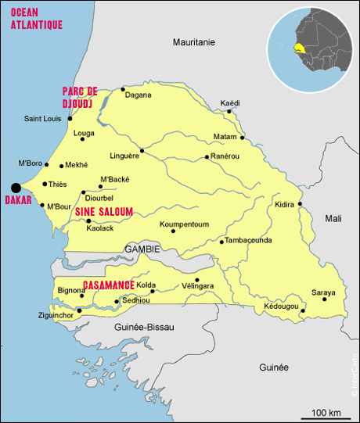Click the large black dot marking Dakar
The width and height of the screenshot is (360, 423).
[15, 187]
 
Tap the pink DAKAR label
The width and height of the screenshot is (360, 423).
[18, 200]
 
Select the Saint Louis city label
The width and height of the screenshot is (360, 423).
[42, 119]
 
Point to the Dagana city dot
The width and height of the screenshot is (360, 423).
[123, 89]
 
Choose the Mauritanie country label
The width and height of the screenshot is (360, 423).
[193, 41]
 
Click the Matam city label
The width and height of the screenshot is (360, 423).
[225, 138]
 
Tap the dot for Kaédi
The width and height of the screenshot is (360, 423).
[229, 111]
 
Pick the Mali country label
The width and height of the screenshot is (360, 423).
[333, 219]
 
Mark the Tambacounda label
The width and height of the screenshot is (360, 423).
[249, 240]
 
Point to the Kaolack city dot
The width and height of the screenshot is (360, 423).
[88, 220]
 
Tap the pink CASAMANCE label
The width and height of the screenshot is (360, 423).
[108, 286]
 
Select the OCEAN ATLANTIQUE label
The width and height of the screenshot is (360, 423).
[37, 19]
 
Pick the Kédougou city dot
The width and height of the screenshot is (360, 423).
[303, 307]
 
